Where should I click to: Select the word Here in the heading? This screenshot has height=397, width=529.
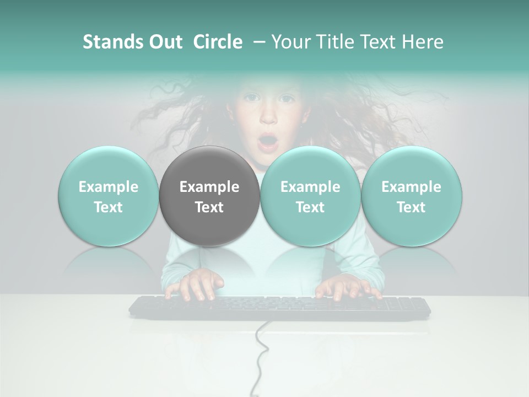coord(424,42)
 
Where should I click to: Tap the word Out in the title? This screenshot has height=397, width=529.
coord(165,42)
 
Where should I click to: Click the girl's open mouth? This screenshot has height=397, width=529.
coord(268,142)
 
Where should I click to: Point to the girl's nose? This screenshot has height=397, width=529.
coord(268,117)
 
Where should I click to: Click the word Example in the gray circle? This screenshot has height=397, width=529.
coord(209,187)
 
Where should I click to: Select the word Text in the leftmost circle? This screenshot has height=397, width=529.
coord(109,207)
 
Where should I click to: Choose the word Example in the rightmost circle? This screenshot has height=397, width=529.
coord(411,187)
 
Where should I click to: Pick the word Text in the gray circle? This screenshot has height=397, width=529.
coord(209,207)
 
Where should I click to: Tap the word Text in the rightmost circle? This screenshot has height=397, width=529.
coord(411,207)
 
